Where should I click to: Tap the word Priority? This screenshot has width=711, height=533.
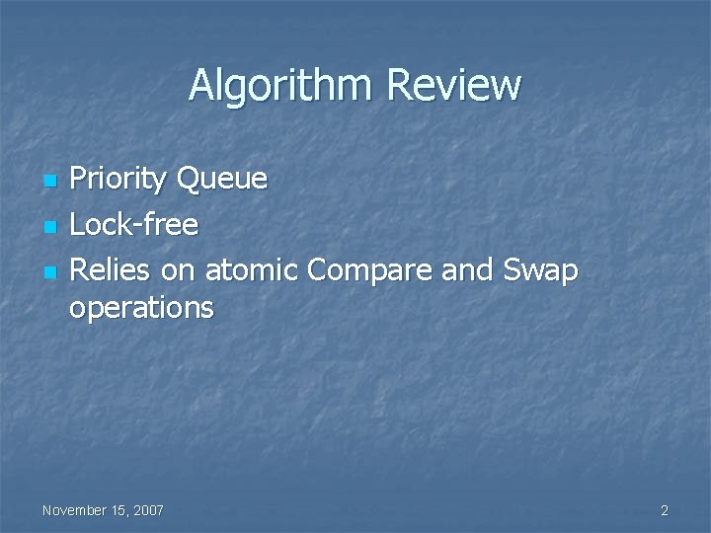(x=118, y=179)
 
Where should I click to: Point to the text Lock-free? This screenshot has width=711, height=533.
(x=135, y=225)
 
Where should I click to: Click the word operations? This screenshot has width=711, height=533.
(x=141, y=308)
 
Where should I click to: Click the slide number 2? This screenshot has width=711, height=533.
(x=665, y=510)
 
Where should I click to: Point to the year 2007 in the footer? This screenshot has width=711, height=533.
(x=148, y=510)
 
